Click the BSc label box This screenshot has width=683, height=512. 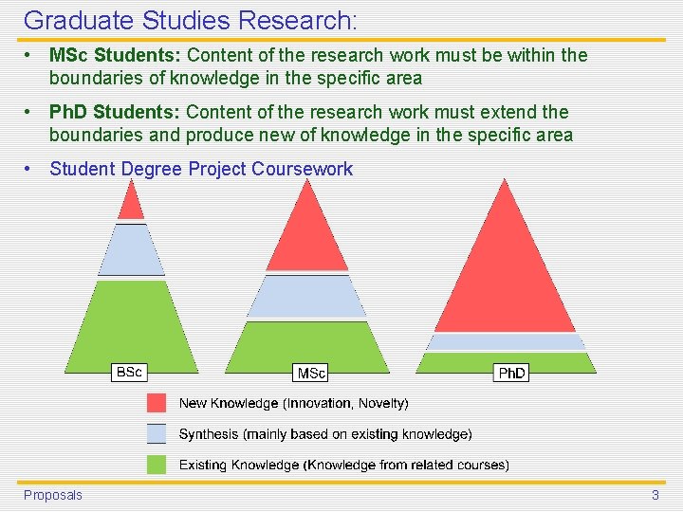click(x=128, y=373)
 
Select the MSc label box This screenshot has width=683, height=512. click(x=311, y=374)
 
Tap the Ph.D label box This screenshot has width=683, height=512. click(x=512, y=374)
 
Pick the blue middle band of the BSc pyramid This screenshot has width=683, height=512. click(x=131, y=250)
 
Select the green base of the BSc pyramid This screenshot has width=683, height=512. click(x=131, y=327)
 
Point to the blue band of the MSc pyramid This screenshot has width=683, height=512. click(x=305, y=296)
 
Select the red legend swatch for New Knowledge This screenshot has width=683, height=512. click(x=157, y=403)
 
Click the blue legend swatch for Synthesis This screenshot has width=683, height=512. click(x=157, y=434)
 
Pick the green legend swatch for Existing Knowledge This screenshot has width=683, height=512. click(x=157, y=465)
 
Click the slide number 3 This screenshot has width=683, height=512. click(x=655, y=495)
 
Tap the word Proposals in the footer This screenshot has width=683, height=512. click(x=53, y=495)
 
